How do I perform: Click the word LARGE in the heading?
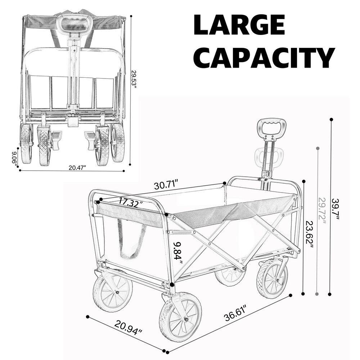tap(239, 25)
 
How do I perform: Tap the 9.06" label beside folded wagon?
tap(14, 158)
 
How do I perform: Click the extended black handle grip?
tap(271, 127)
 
